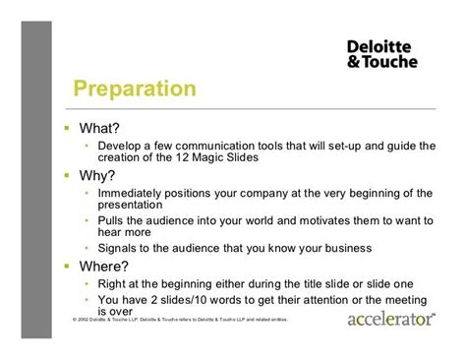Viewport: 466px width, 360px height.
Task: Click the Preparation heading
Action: pyautogui.click(x=136, y=90)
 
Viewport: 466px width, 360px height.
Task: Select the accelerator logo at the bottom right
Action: pyautogui.click(x=392, y=320)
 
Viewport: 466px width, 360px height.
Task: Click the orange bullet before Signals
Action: pyautogui.click(x=88, y=248)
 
